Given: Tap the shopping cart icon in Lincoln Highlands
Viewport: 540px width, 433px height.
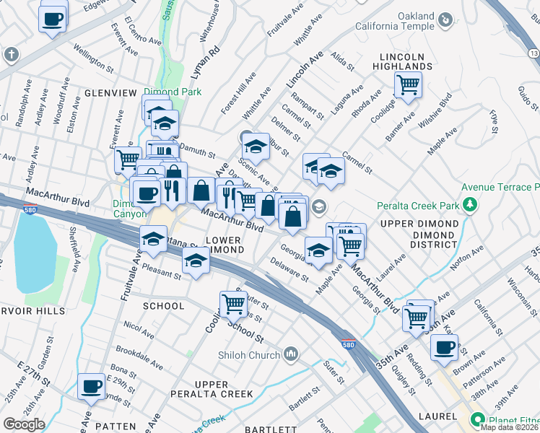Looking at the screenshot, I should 408,85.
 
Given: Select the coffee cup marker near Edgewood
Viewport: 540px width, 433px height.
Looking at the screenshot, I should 53,19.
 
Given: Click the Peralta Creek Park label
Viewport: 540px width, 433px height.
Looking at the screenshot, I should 417,206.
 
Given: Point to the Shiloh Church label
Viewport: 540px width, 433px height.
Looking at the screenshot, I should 248,354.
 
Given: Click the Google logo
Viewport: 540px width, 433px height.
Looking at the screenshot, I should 24,424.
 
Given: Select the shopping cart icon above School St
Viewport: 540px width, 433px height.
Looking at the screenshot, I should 233,305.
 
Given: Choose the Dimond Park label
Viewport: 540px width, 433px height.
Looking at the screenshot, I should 173,92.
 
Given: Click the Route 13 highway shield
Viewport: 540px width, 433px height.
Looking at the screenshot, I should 533,53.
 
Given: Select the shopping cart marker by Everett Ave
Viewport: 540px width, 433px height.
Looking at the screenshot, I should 128,159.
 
